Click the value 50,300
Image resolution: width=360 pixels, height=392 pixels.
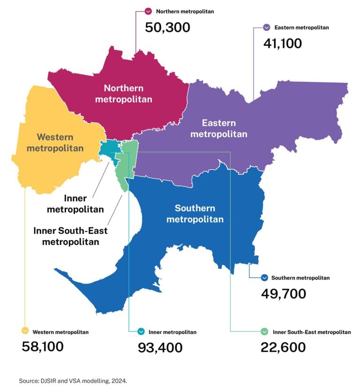click(168, 27)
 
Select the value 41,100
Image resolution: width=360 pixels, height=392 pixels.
click(283, 43)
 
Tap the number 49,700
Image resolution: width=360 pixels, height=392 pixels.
click(283, 294)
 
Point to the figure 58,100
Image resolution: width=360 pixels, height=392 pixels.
click(43, 347)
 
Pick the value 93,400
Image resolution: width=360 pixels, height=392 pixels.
click(160, 348)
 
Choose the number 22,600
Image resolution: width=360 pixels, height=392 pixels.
click(283, 348)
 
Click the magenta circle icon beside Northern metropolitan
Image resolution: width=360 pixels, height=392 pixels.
click(149, 11)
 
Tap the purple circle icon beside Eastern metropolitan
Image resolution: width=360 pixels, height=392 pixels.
click(267, 27)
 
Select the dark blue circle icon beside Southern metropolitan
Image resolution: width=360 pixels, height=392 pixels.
click(264, 278)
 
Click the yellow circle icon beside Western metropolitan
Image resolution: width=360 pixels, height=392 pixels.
click(25, 332)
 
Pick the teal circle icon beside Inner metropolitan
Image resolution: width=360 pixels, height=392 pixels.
click(141, 332)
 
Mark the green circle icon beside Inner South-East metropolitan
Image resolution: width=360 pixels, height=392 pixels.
click(264, 332)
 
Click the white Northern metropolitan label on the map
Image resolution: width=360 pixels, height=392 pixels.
click(124, 93)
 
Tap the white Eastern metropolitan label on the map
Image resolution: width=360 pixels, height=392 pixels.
click(225, 128)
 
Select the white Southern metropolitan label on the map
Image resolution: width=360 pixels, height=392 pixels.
click(195, 213)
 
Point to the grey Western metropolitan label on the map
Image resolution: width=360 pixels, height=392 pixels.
click(55, 142)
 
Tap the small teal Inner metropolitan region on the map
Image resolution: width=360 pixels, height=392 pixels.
click(107, 148)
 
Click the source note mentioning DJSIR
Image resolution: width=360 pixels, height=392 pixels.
click(73, 381)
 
